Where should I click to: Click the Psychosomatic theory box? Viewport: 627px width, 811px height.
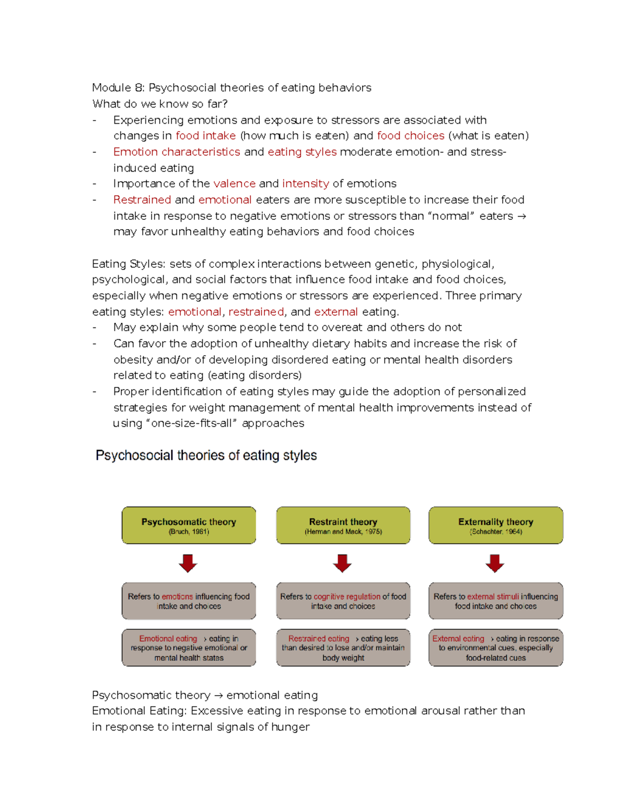pyautogui.click(x=189, y=525)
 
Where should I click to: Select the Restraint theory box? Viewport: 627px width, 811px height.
pyautogui.click(x=343, y=525)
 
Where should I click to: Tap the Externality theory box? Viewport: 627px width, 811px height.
pyautogui.click(x=495, y=525)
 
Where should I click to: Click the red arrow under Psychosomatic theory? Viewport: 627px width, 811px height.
pyautogui.click(x=188, y=563)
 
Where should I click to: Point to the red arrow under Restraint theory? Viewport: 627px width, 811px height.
pyautogui.click(x=342, y=563)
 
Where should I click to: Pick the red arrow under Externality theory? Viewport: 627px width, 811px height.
pyautogui.click(x=495, y=563)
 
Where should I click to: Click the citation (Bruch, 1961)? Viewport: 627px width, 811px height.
pyautogui.click(x=189, y=532)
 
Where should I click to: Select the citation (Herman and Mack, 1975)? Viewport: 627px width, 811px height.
pyautogui.click(x=343, y=532)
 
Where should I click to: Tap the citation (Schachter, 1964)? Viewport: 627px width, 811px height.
pyautogui.click(x=496, y=532)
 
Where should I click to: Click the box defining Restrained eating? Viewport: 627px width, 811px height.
pyautogui.click(x=343, y=648)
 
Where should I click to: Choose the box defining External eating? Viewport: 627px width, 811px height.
pyautogui.click(x=495, y=648)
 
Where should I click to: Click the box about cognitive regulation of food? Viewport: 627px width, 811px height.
pyautogui.click(x=343, y=601)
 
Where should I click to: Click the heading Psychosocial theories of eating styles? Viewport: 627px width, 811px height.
pyautogui.click(x=206, y=455)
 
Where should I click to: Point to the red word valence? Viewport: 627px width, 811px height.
pyautogui.click(x=234, y=184)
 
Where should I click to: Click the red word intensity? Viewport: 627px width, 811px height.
pyautogui.click(x=306, y=184)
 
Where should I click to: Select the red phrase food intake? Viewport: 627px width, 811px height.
pyautogui.click(x=205, y=136)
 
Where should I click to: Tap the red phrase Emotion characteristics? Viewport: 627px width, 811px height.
pyautogui.click(x=177, y=152)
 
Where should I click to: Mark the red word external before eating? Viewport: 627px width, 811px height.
pyautogui.click(x=336, y=312)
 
